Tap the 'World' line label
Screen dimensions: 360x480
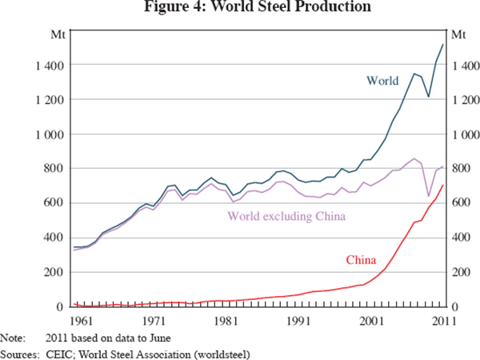click(x=382, y=80)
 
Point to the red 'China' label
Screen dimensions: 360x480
click(x=362, y=260)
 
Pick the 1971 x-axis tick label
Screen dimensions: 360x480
click(x=150, y=321)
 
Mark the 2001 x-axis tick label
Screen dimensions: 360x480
click(x=372, y=321)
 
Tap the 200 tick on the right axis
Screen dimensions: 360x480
click(x=461, y=273)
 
